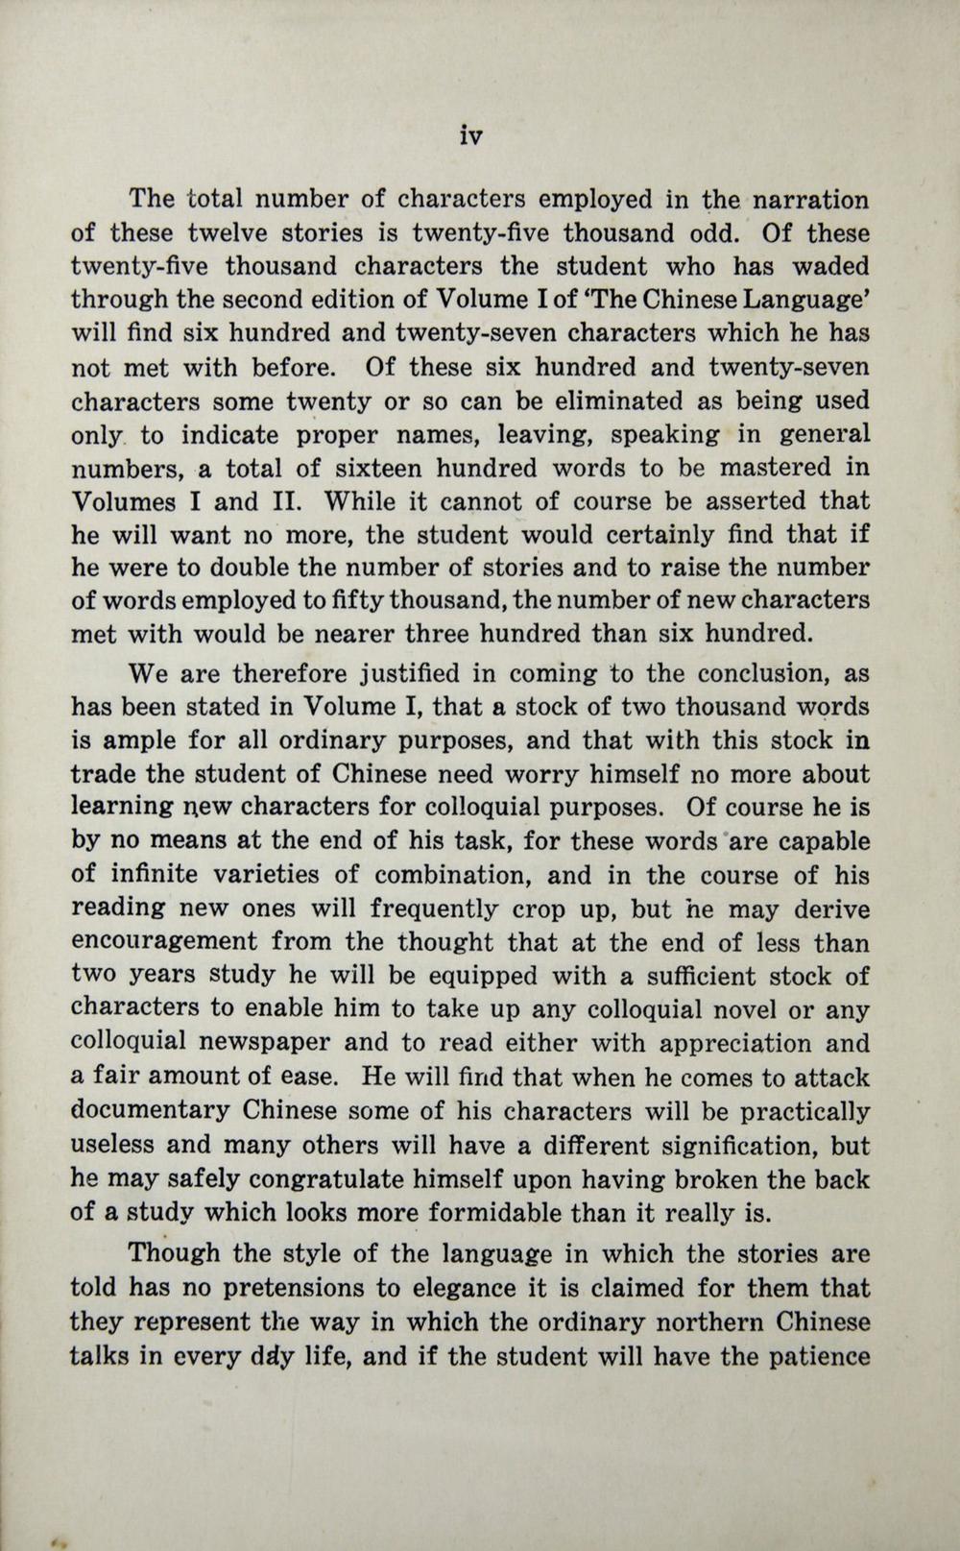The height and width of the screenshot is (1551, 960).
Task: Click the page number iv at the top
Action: pyautogui.click(x=469, y=136)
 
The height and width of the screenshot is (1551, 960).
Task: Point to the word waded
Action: pyautogui.click(x=829, y=267)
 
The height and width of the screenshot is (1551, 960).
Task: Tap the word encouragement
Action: pyautogui.click(x=164, y=942)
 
